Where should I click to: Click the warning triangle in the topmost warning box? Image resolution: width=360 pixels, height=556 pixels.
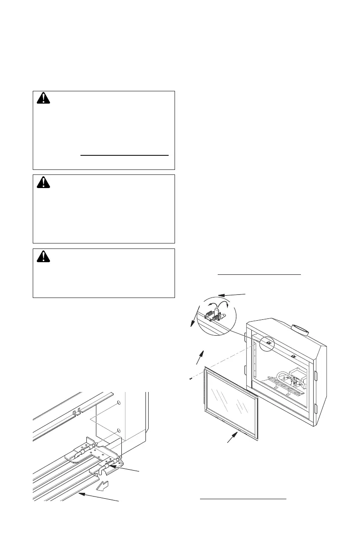point(42,99)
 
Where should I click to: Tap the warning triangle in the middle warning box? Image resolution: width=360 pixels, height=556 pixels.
point(42,183)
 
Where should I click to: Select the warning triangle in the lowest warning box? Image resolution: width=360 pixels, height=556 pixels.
point(42,257)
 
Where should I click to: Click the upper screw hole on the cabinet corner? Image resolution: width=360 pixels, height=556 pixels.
point(117,403)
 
